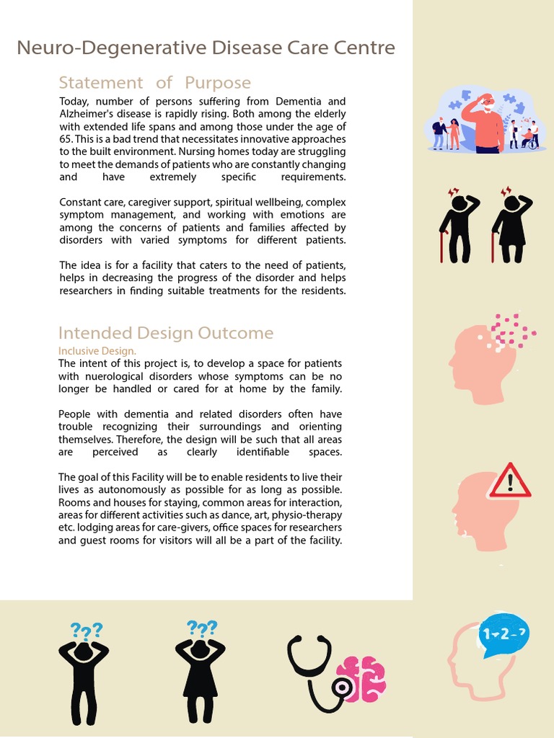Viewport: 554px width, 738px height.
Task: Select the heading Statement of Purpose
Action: tap(154, 82)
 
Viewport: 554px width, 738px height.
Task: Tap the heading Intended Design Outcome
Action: tap(165, 333)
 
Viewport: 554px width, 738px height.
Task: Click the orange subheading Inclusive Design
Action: tap(97, 350)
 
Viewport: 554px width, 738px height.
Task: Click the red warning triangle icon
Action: tap(509, 482)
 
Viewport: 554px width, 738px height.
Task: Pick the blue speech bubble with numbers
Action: tap(504, 635)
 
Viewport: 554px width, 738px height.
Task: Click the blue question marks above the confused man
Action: tap(86, 632)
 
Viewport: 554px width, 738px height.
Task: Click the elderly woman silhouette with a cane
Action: tap(511, 227)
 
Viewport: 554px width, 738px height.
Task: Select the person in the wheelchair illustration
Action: tap(529, 138)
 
